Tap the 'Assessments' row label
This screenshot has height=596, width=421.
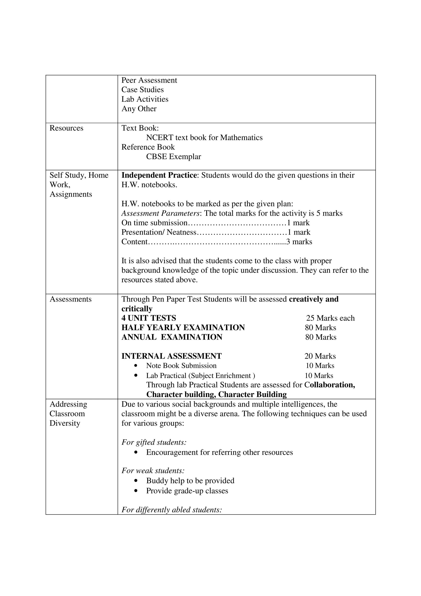[x=71, y=299]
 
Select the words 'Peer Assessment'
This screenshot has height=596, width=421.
[x=149, y=80]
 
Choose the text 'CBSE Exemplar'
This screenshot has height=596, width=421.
[x=173, y=157]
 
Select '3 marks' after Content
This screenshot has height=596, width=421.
[x=299, y=242]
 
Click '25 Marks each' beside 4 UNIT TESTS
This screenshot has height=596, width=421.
[x=330, y=318]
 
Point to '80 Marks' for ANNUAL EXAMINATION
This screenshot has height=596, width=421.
[x=321, y=337]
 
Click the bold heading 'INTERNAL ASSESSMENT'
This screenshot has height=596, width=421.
[x=171, y=356]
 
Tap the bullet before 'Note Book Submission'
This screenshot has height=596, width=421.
[x=136, y=366]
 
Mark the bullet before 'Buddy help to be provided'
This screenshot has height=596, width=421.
[x=136, y=481]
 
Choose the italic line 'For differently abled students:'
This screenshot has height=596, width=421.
[x=171, y=510]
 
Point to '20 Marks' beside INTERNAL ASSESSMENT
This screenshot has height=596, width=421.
[x=320, y=356]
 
